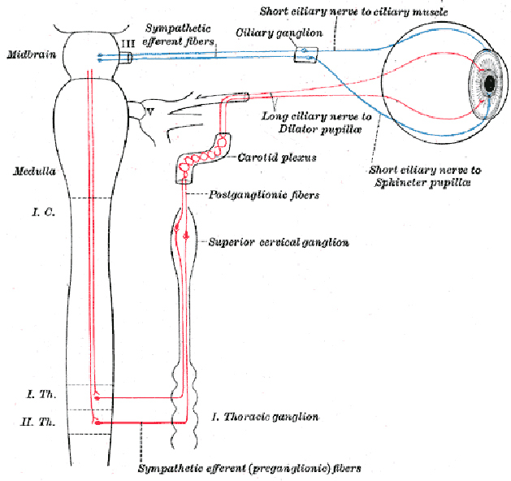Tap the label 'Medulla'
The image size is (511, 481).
click(x=29, y=171)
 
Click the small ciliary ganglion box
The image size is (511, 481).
click(x=305, y=57)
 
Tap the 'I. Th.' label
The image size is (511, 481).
click(x=40, y=394)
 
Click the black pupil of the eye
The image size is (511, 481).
click(x=491, y=84)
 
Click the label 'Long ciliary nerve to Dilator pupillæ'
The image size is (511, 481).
click(x=317, y=122)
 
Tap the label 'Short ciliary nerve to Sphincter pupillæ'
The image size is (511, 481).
click(x=424, y=176)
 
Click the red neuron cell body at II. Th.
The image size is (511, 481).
click(x=97, y=422)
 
